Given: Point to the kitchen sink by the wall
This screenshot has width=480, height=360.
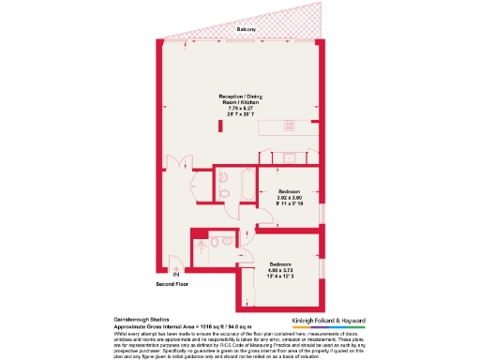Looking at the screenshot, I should coord(291,157).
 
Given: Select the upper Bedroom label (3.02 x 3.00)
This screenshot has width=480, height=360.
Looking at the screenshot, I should coord(290,190).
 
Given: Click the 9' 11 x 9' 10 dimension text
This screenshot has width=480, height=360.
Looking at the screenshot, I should coord(290,206).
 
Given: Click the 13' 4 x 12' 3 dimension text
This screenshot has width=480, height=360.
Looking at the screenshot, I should coord(281,277).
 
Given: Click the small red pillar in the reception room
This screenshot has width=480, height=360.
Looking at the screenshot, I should coord(220,126).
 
